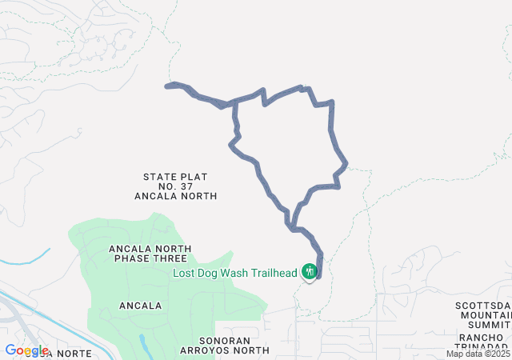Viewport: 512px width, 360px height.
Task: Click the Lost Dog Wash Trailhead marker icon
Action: point(310,272)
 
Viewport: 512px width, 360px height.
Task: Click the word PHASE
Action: point(137,258)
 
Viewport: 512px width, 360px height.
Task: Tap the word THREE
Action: point(174,258)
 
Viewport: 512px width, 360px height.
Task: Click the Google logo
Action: point(26,350)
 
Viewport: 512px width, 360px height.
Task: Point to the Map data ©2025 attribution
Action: point(478,354)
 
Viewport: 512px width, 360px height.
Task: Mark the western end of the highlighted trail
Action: point(167,85)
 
